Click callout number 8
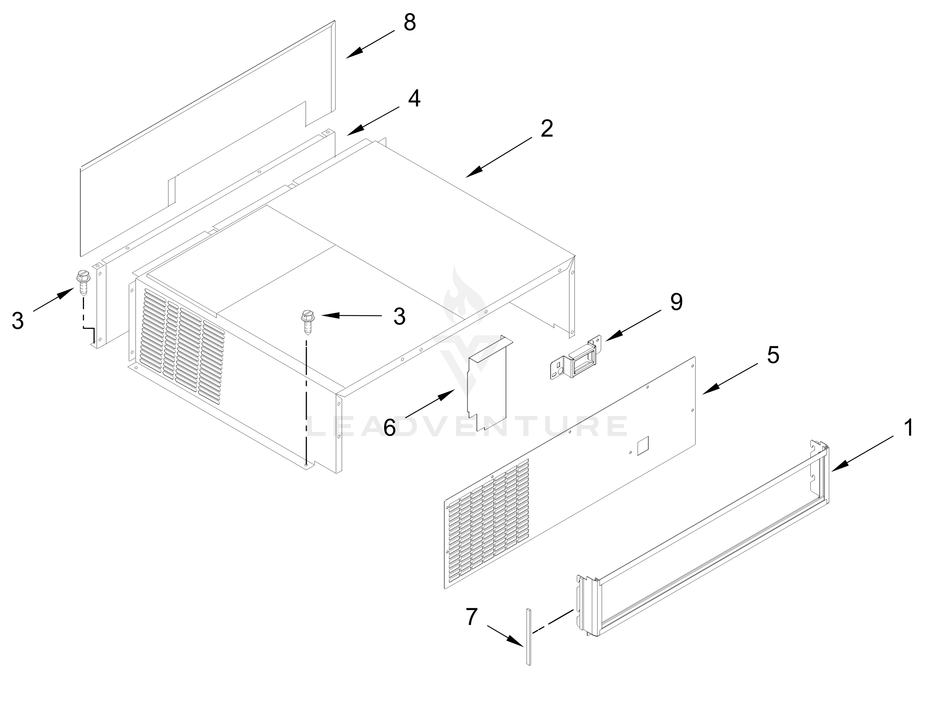tap(410, 23)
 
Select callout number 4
tap(414, 99)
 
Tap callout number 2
tap(546, 129)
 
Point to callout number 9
tap(676, 302)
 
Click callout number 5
tap(773, 355)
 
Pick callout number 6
tap(389, 428)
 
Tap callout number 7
tap(471, 617)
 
